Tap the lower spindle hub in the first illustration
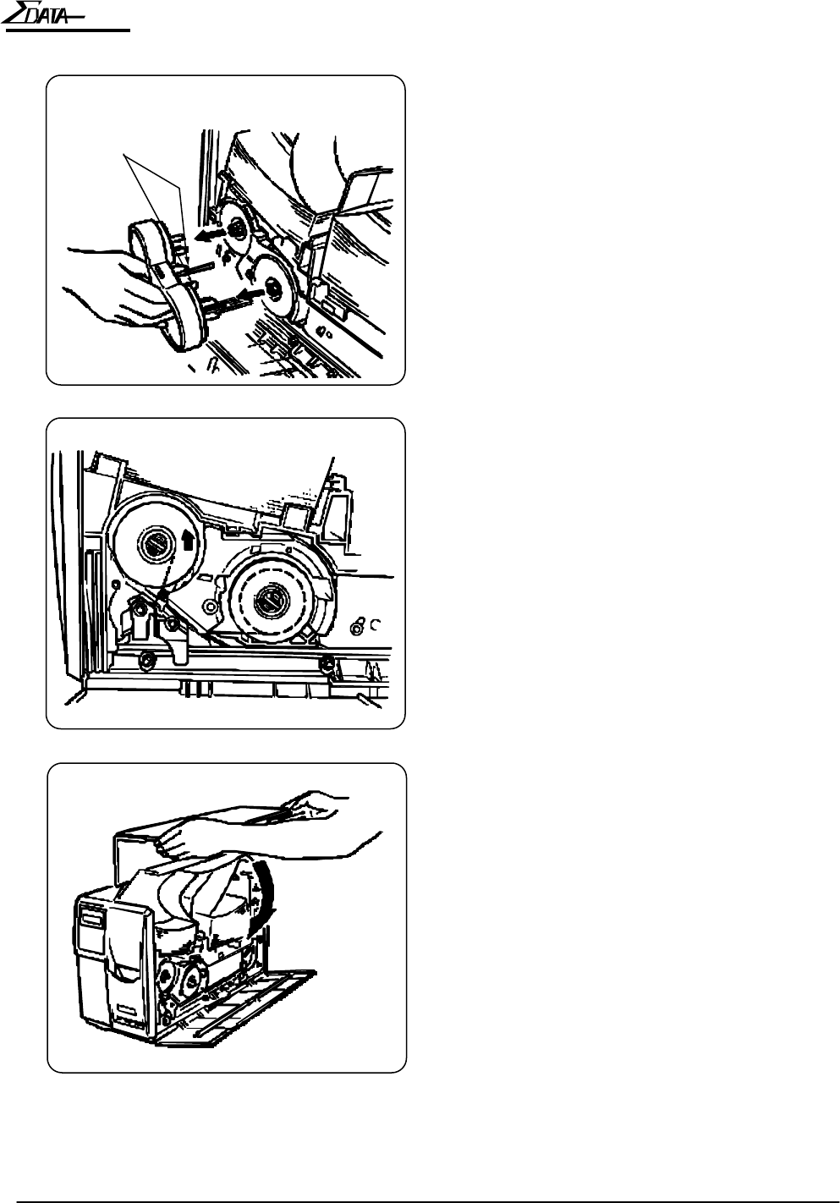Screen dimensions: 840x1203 [x=273, y=290]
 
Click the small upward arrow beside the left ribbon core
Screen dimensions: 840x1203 [x=188, y=541]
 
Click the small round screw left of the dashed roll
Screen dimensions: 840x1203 [x=211, y=607]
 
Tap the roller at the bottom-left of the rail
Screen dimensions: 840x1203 [x=145, y=658]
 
